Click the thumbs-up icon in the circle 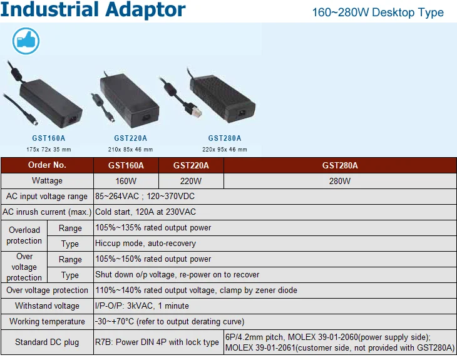point(26,41)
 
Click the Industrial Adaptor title point(93,9)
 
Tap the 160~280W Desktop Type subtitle point(377,13)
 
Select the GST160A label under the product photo point(49,138)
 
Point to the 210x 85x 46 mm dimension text point(130,150)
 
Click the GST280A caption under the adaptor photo point(224,138)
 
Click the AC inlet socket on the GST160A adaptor point(73,119)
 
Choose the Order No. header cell point(47,165)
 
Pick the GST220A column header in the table point(191,165)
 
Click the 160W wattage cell point(126,181)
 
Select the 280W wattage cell point(340,181)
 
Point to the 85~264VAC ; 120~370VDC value point(145,196)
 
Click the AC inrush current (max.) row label point(47,212)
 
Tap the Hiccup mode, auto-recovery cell point(145,244)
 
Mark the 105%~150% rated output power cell point(153,259)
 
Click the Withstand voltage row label point(47,306)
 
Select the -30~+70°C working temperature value point(170,322)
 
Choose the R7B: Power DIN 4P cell point(157,342)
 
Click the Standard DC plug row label point(47,342)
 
